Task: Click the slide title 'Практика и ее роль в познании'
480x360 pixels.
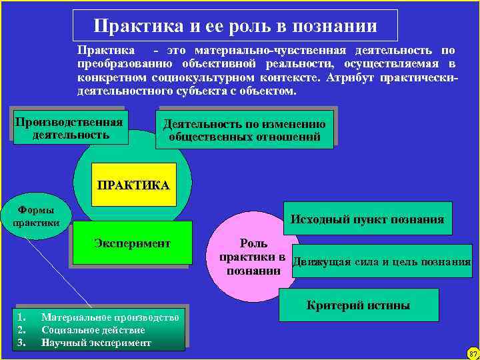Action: point(235,26)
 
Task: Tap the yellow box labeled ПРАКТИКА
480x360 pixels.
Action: point(133,184)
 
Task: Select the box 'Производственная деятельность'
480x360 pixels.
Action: point(69,128)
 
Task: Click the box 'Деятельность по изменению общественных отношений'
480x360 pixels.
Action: point(245,131)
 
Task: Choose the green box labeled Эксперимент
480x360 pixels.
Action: point(132,243)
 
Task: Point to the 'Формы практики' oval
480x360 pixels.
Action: point(36,215)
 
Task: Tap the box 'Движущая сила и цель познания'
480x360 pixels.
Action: point(382,261)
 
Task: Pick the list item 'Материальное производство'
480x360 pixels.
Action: point(110,317)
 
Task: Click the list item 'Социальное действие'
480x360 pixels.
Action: point(93,330)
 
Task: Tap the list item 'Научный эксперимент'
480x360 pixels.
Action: point(96,343)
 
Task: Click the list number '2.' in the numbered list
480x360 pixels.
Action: point(21,330)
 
